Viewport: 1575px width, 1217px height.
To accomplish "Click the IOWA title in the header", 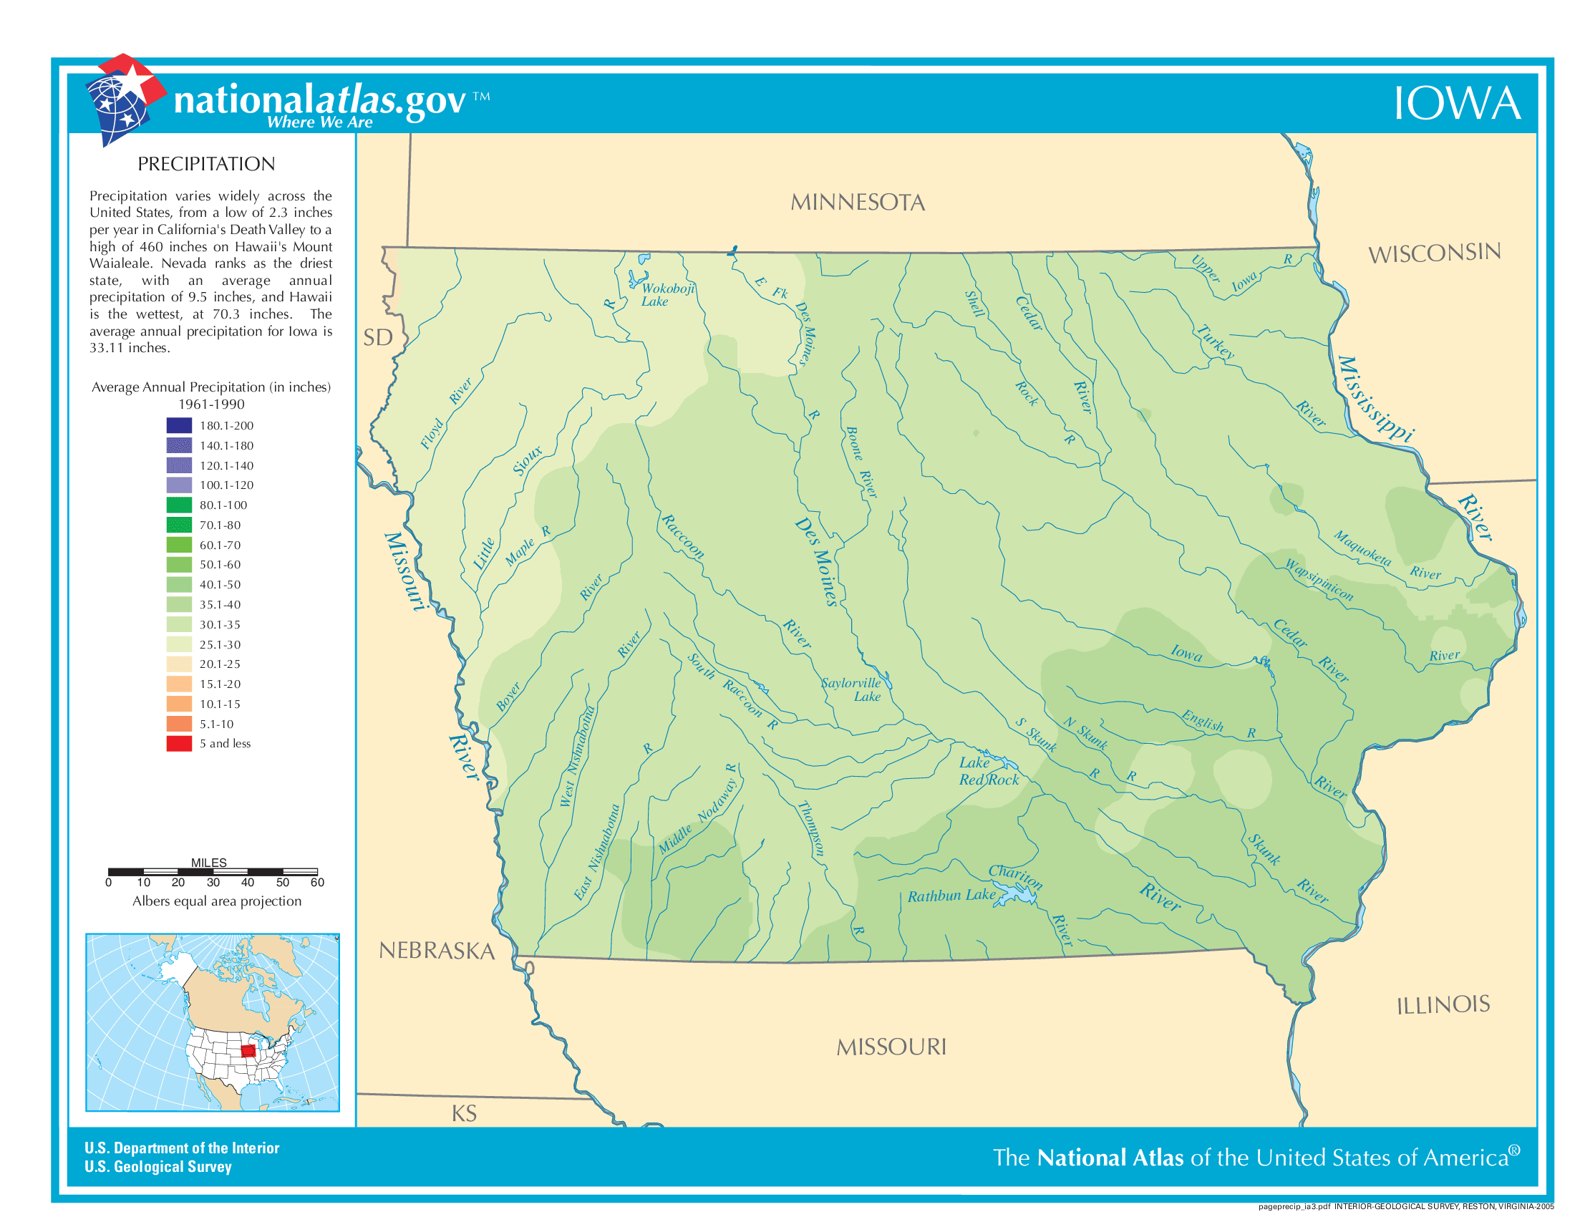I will pos(1456,104).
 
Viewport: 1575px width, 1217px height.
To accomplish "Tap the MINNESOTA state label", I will pos(858,203).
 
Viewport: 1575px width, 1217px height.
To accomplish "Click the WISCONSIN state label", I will pos(1434,253).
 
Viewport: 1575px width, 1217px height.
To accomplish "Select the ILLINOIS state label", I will pos(1443,1005).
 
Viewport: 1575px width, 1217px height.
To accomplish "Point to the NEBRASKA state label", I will pos(436,951).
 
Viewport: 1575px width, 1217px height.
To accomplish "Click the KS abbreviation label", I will pos(464,1114).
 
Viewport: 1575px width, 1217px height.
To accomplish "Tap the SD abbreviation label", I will pos(377,337).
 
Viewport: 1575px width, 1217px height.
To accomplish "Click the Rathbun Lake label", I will pos(951,896).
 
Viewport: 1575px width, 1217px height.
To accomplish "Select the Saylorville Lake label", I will pos(853,689).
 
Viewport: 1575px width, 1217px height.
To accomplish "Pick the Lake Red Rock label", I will pos(987,772).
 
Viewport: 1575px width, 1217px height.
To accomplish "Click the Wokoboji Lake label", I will pos(667,295).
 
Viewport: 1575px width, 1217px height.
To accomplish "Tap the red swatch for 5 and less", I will pos(179,743).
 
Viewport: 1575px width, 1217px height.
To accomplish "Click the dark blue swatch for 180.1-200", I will pos(179,425).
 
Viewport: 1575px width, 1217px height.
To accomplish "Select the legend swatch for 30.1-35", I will pos(179,624).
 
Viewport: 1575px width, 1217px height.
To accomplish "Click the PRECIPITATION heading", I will pos(206,165).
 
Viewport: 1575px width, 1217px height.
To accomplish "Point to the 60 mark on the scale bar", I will pos(317,883).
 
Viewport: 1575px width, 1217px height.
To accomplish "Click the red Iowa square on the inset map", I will pos(248,1049).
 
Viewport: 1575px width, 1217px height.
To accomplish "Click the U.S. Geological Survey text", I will pos(158,1167).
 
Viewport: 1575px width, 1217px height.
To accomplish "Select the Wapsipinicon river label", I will pos(1319,580).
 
